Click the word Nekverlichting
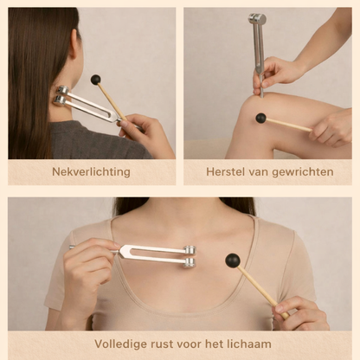(91, 172)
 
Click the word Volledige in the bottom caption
(121, 344)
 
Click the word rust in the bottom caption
(163, 344)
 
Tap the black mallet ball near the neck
(96, 79)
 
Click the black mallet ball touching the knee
(260, 118)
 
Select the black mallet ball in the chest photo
(233, 260)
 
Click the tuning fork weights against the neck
(61, 96)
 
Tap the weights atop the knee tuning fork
(257, 19)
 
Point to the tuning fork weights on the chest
(190, 256)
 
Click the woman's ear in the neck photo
(74, 42)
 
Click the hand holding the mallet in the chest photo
(300, 313)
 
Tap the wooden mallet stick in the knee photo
(288, 125)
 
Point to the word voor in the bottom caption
(190, 344)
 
